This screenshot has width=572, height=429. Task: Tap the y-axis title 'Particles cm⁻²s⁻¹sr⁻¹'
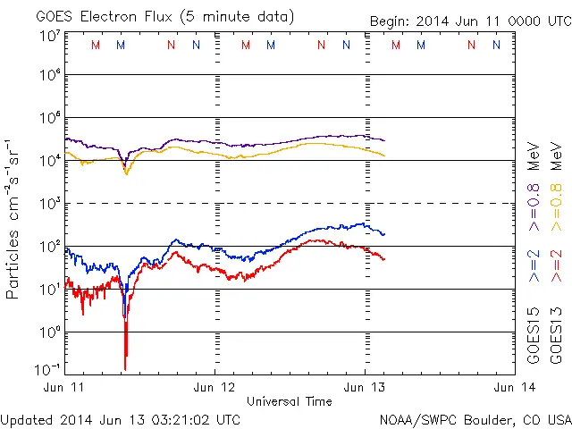click(14, 218)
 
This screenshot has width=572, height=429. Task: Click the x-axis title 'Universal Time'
click(290, 401)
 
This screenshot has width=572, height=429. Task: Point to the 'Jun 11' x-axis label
click(66, 387)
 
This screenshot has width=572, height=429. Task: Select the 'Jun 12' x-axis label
click(215, 387)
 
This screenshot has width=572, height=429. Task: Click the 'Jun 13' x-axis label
click(365, 387)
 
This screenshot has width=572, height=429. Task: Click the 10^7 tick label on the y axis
click(50, 36)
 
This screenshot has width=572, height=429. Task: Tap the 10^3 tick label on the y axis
click(50, 204)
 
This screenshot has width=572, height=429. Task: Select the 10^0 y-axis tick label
click(50, 332)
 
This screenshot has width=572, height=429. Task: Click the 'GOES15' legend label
click(534, 335)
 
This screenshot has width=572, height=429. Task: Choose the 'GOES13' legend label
click(556, 335)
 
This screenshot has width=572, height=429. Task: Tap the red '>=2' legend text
click(556, 264)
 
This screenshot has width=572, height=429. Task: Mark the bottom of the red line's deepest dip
click(125, 368)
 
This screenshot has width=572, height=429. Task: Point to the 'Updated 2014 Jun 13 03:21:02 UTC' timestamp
click(121, 418)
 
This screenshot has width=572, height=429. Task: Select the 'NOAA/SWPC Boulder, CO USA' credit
click(475, 418)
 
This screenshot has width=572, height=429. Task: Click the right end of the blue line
click(384, 234)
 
